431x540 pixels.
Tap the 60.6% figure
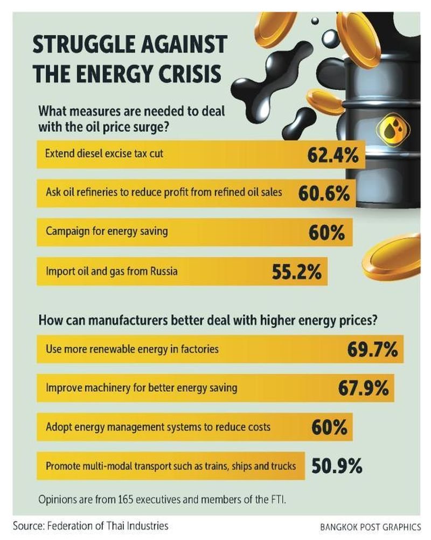(324, 193)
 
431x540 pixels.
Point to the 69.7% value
(372, 350)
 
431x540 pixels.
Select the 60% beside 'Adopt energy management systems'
(329, 427)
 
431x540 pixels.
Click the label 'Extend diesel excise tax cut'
(104, 154)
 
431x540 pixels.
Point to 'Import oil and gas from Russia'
(111, 271)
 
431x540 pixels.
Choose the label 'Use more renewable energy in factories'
(132, 349)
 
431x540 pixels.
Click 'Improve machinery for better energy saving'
(141, 388)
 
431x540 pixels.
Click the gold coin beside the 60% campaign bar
(391, 253)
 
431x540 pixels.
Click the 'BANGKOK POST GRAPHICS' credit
(370, 527)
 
